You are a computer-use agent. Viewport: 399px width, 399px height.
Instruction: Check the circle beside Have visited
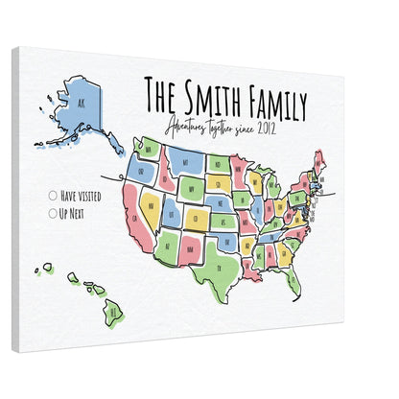click(52, 196)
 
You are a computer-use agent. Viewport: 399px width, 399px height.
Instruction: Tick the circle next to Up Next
click(52, 213)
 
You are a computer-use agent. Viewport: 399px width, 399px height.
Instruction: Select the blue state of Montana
click(188, 163)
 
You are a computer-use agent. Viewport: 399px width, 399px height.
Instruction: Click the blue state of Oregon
click(140, 171)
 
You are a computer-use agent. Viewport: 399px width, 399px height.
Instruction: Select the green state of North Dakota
click(220, 163)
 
